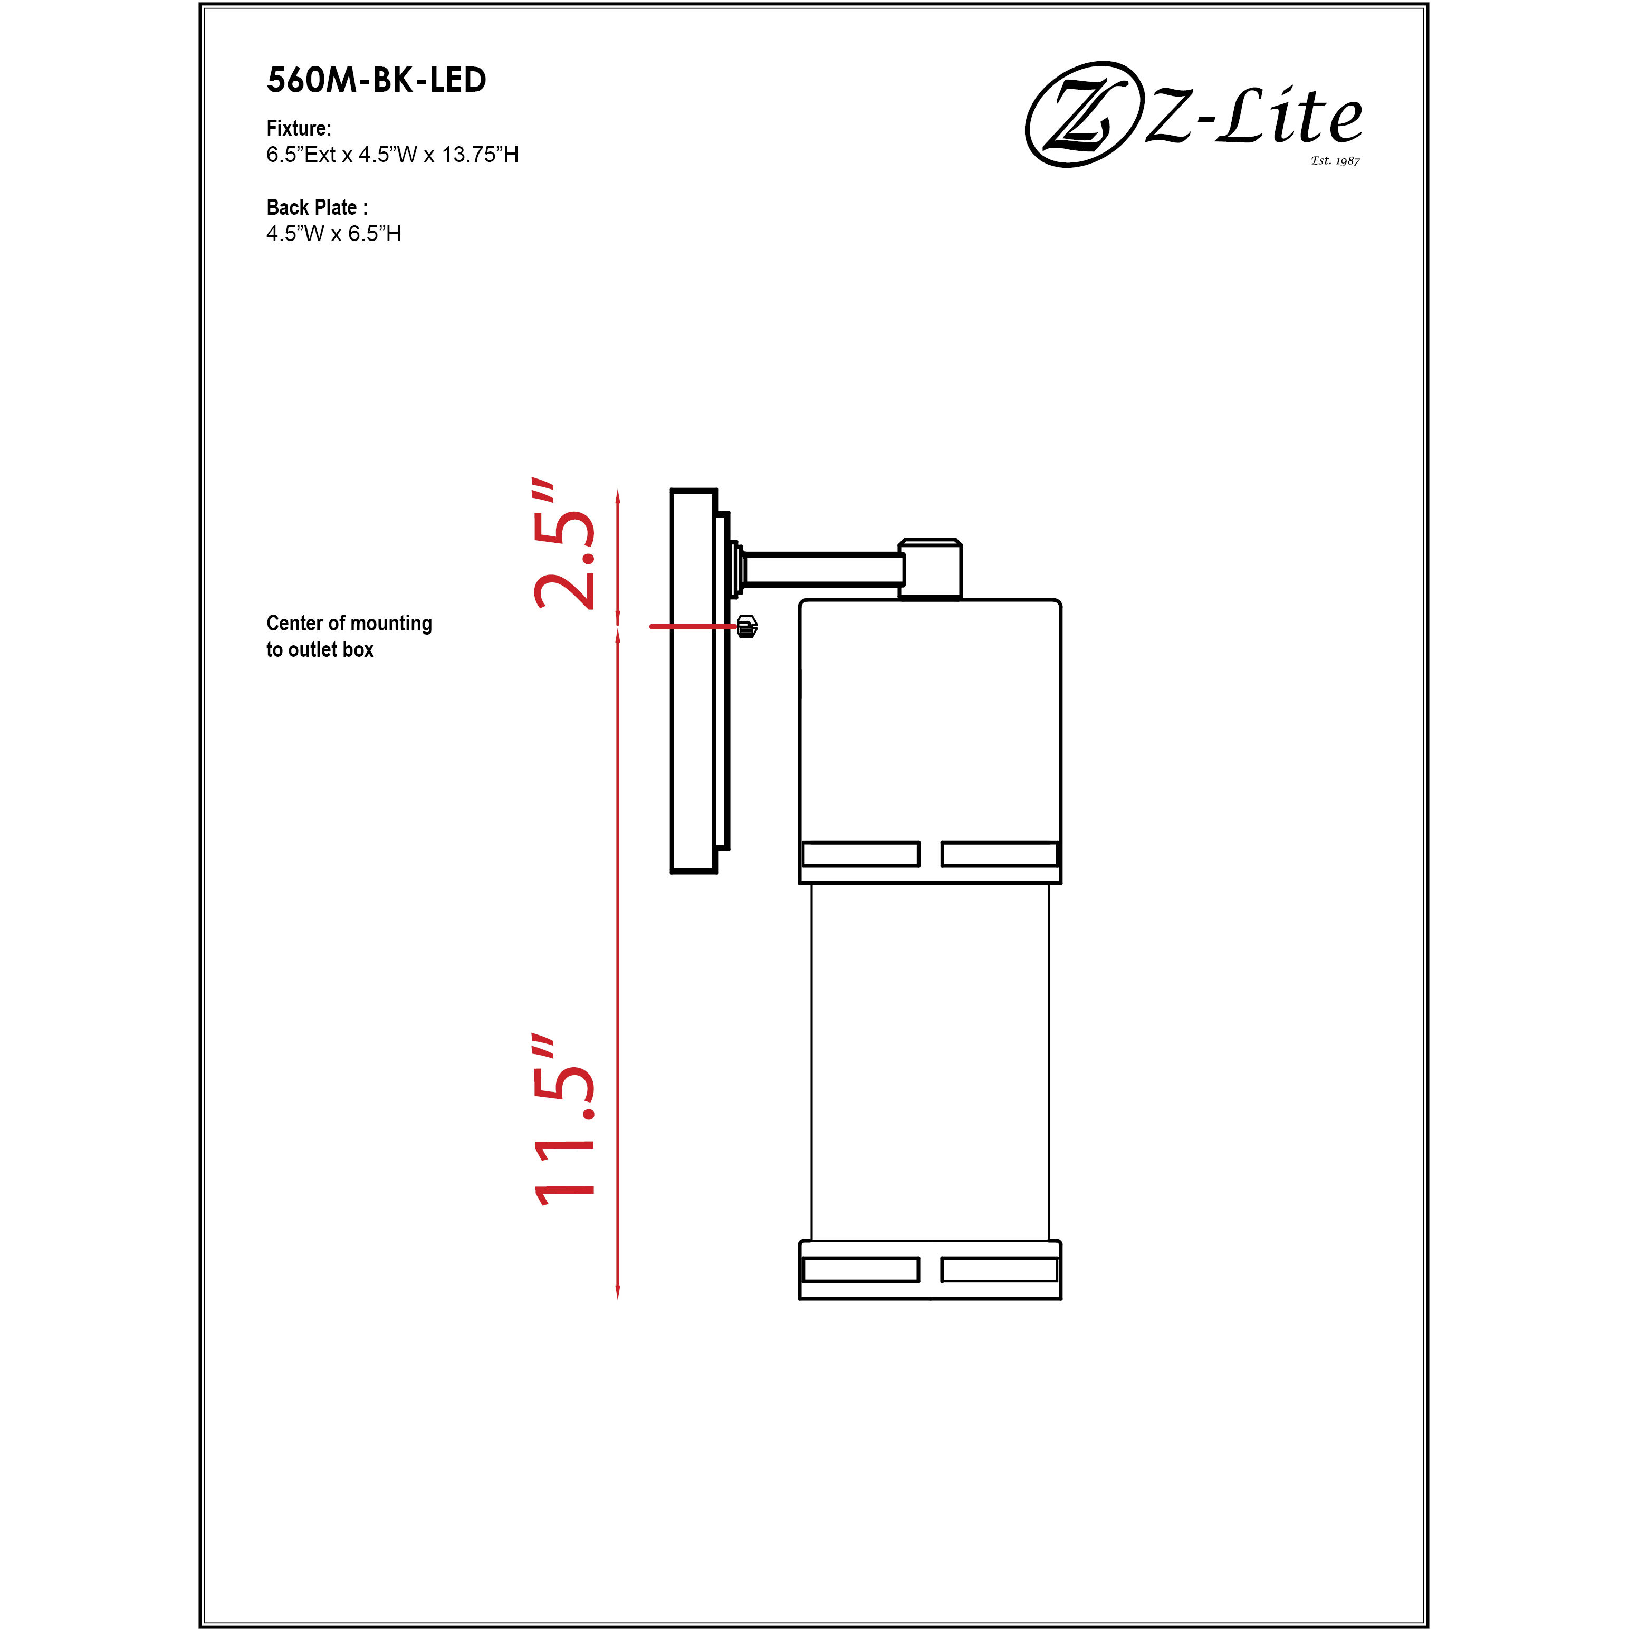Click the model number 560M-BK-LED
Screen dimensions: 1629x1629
point(376,80)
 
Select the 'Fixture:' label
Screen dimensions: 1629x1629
point(299,128)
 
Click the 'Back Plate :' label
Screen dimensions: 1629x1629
point(316,207)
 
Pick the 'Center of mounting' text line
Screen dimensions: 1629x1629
point(349,623)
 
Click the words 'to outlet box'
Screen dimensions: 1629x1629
point(320,649)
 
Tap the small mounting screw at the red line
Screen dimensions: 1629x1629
point(747,627)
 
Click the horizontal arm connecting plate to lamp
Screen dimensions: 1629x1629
point(822,569)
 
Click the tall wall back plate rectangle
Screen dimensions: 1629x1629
point(693,681)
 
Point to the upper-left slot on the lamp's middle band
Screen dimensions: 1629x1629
point(860,854)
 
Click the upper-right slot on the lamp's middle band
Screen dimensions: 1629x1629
point(999,854)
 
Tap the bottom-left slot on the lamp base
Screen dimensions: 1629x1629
point(860,1270)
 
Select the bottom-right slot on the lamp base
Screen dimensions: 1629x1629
point(999,1270)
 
